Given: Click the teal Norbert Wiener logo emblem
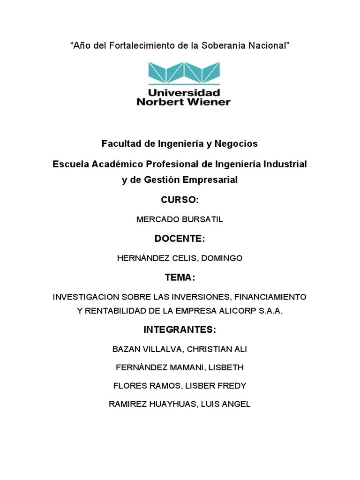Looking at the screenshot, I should coord(183,74).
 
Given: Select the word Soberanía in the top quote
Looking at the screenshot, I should coord(221,45).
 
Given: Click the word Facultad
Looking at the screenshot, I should coord(121,144).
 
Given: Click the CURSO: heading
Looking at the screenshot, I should coord(180,200).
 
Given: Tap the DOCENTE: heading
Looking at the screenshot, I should coord(180,239).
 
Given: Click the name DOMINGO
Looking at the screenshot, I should coord(223,258).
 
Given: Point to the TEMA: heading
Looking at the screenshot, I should coord(180,277).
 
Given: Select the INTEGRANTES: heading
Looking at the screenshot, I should coord(180,330).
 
